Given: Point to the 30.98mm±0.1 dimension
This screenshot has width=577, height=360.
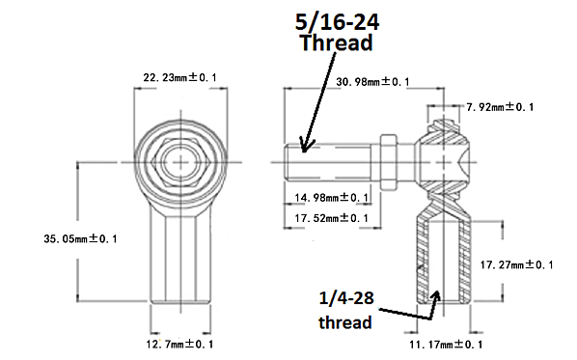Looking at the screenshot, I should click(x=371, y=82).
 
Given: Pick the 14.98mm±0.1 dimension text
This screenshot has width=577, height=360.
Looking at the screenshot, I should click(x=331, y=198).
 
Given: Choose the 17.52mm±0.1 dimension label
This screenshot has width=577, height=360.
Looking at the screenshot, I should click(x=331, y=218).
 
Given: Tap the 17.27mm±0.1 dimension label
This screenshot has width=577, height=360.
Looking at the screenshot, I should click(x=517, y=263).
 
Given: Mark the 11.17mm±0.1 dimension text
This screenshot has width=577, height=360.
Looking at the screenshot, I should click(x=443, y=343).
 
